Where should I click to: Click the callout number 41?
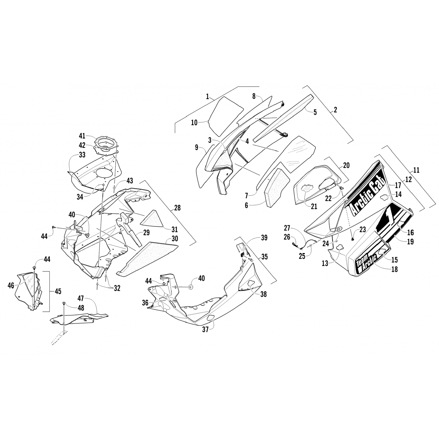82,136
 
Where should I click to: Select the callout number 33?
82,155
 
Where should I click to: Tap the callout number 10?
194,123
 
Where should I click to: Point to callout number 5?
315,112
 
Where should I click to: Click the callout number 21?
314,207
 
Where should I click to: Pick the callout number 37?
205,330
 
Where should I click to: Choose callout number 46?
11,285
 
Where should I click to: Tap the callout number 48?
80,308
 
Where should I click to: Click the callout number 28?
177,208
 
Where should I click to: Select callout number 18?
394,269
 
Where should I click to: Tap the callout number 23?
363,230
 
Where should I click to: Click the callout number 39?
264,238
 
